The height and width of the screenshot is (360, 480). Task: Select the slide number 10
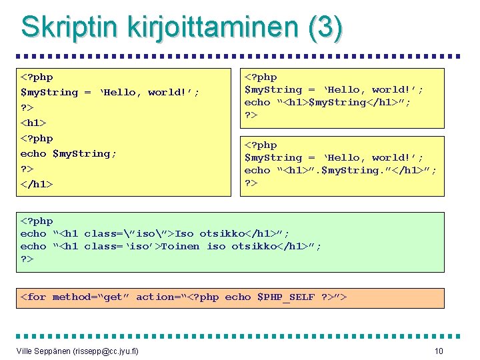pos(439,351)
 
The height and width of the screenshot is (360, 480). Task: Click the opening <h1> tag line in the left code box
pos(33,123)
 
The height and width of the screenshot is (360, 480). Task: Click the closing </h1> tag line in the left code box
pos(36,184)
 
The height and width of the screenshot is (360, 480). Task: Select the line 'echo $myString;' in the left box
pos(68,153)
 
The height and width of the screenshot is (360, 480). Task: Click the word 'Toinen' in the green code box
pos(180,246)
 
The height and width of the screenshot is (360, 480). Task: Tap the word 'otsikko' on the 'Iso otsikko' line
pos(218,233)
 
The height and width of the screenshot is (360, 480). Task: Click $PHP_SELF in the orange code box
pos(285,297)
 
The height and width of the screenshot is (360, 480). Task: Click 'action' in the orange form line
pos(153,297)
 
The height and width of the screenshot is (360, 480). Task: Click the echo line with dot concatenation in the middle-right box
pos(341,170)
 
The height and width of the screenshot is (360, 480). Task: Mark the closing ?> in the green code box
pos(27,259)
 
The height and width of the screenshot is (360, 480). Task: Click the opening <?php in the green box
pos(36,221)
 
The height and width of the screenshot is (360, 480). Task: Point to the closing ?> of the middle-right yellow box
pos(251,183)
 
